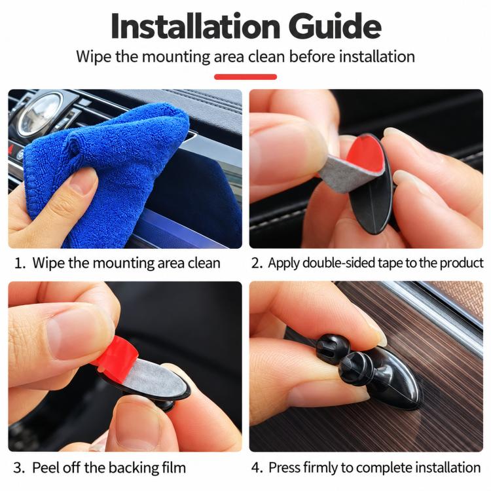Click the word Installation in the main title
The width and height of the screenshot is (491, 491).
pyautogui.click(x=195, y=26)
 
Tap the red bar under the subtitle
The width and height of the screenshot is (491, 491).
pyautogui.click(x=245, y=77)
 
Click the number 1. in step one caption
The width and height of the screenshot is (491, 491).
pyautogui.click(x=20, y=263)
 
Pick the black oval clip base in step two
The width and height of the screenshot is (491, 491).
pyautogui.click(x=373, y=200)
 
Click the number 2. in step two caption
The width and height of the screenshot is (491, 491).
pyautogui.click(x=257, y=263)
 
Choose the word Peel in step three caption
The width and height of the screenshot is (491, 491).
pyautogui.click(x=45, y=468)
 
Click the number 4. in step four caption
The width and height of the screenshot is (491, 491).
pyautogui.click(x=257, y=468)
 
